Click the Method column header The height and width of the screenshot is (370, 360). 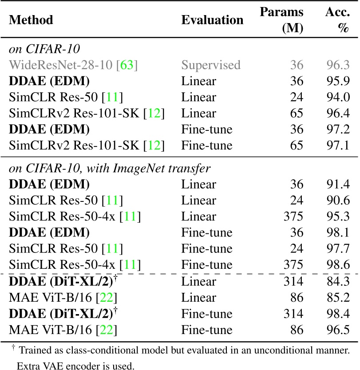click(x=31, y=20)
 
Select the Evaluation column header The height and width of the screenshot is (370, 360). click(x=212, y=20)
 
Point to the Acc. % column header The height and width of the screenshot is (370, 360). click(x=337, y=20)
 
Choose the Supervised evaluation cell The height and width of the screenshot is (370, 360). click(x=210, y=65)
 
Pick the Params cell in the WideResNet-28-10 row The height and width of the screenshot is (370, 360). click(x=296, y=65)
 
